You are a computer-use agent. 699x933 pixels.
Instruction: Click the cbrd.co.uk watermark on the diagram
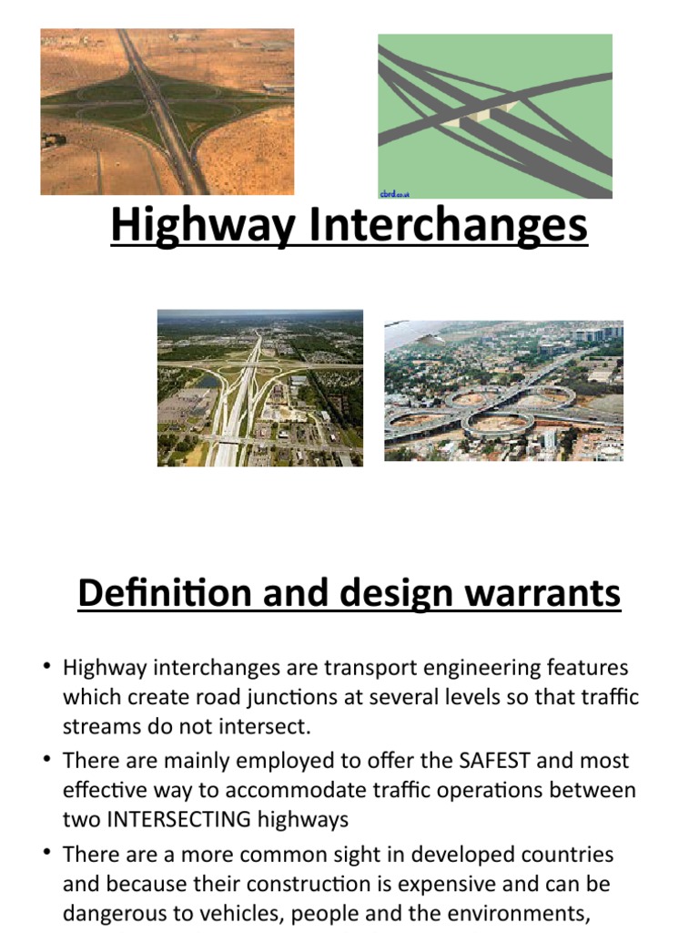(x=394, y=194)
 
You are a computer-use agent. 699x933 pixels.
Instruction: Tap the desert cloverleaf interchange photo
(x=167, y=112)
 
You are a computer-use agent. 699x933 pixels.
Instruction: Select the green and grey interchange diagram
(x=495, y=116)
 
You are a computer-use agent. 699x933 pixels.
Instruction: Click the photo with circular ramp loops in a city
(x=503, y=391)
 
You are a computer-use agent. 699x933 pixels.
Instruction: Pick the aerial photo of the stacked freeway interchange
(x=260, y=388)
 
